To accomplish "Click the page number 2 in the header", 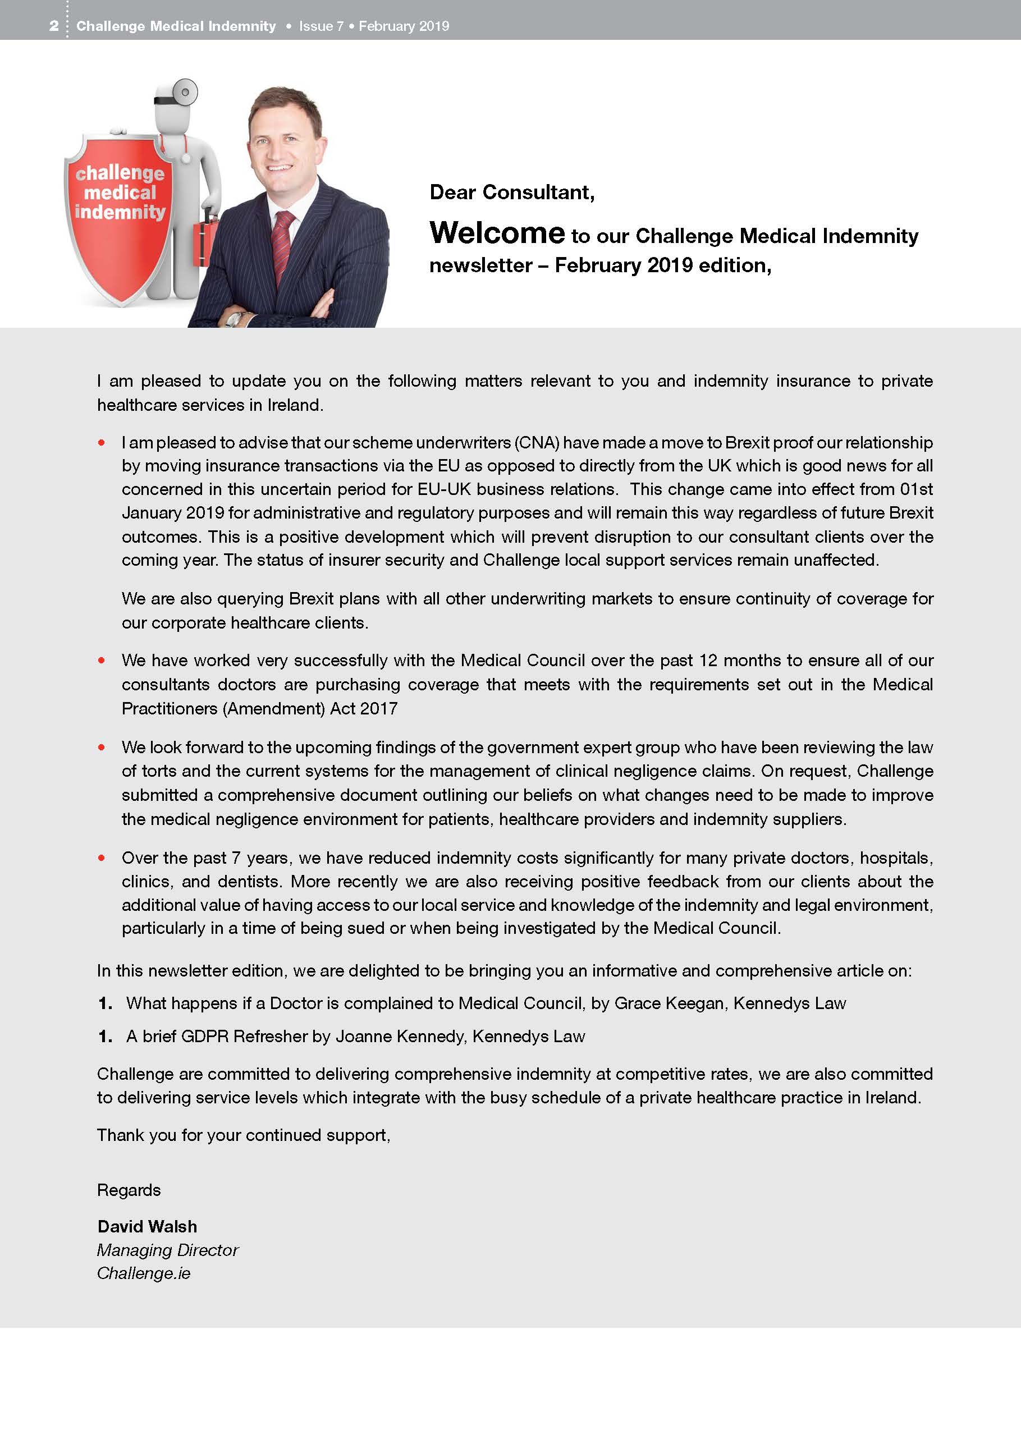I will point(54,26).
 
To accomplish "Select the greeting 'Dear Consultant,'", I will point(511,192).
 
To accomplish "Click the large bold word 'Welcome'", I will point(497,233).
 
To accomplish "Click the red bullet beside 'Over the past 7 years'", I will point(101,858).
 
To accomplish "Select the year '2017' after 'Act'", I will point(379,708).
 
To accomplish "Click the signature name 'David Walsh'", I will point(147,1226).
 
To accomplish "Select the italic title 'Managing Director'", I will point(167,1250).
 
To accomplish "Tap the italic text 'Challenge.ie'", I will point(144,1273).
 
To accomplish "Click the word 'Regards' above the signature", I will point(129,1189).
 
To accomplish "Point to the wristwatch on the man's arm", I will point(233,319).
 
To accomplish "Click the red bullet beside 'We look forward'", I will point(101,747).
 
